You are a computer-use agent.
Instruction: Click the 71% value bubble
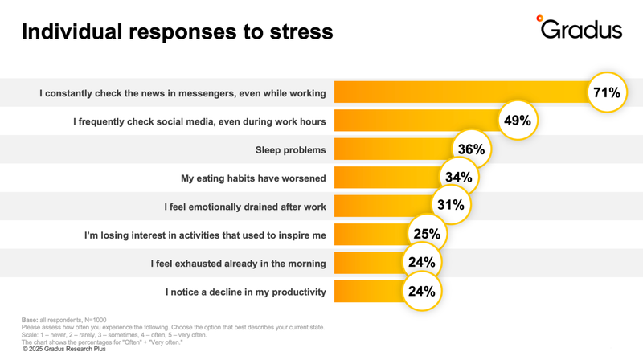607,92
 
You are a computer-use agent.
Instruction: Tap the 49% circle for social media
517,121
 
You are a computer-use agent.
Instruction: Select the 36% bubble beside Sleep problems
471,149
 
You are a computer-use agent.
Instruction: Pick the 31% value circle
450,205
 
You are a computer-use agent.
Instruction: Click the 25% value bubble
427,234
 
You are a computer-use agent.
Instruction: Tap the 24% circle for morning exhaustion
421,262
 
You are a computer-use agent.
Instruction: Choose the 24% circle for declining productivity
421,291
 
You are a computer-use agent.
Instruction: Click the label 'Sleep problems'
290,150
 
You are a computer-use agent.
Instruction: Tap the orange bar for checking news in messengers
458,93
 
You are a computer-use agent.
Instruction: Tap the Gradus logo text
582,30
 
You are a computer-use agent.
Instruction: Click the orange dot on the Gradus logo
539,18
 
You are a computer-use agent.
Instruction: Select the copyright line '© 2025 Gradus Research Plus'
71,350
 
